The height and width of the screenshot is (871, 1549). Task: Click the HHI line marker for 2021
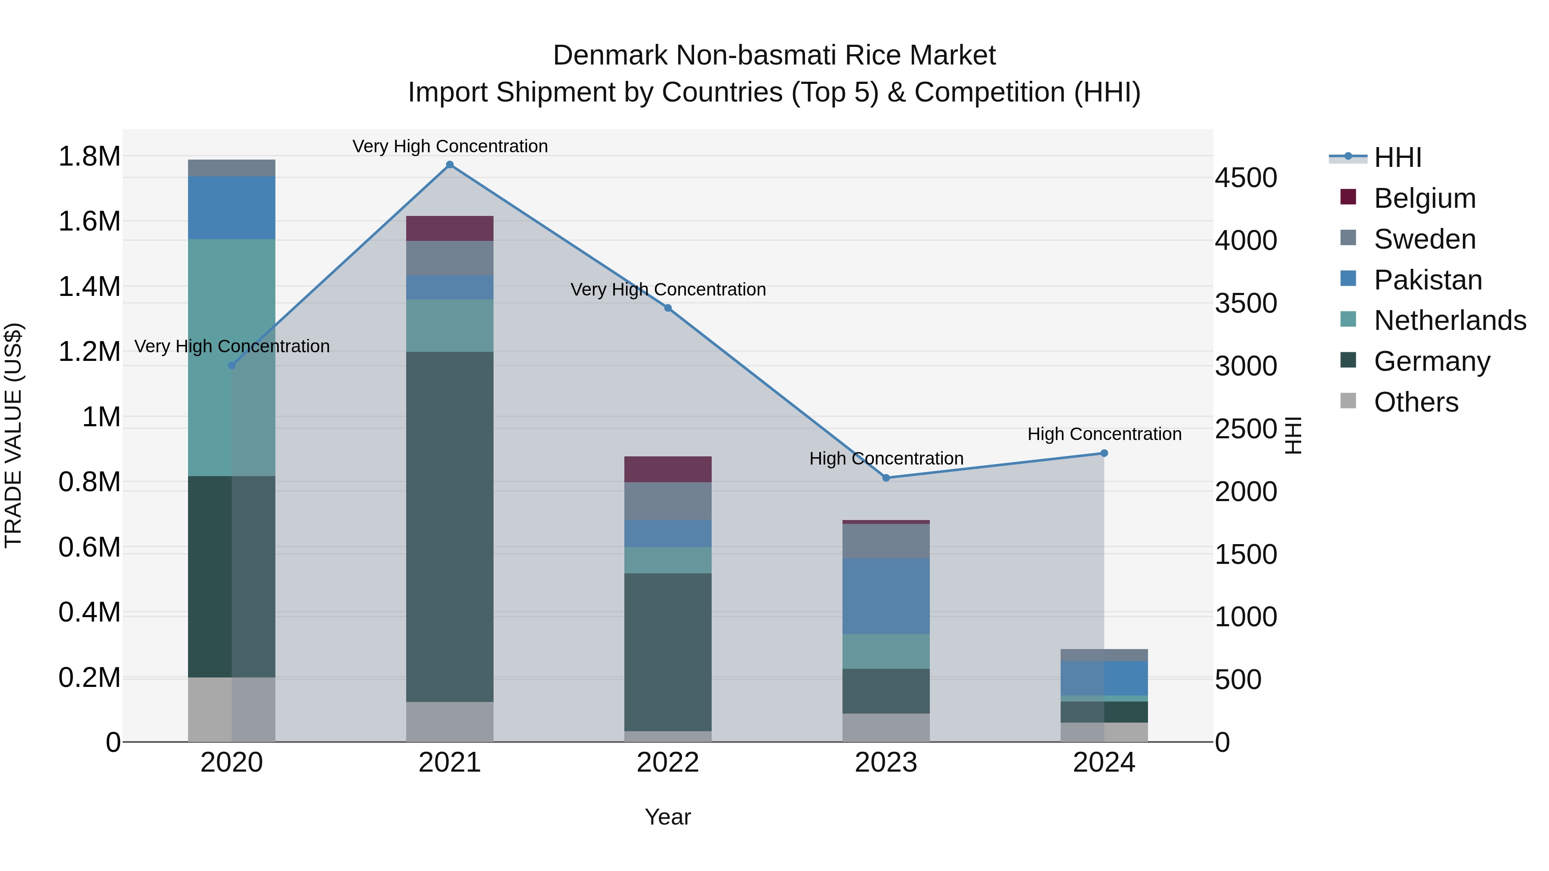point(450,165)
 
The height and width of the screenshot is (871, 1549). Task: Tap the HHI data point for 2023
point(886,478)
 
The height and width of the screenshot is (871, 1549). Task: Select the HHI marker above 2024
point(1104,453)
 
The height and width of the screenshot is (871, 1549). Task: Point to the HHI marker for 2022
point(667,308)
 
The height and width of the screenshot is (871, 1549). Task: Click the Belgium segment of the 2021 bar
point(450,228)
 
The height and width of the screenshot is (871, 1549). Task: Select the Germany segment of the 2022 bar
point(667,652)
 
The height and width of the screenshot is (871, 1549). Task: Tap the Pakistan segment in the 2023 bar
point(886,596)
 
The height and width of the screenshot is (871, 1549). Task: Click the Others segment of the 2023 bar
point(886,727)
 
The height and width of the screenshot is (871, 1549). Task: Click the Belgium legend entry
point(1425,198)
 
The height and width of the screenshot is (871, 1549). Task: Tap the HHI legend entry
point(1398,157)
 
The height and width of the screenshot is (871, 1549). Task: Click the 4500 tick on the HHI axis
point(1246,178)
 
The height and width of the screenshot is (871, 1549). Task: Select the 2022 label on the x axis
point(667,763)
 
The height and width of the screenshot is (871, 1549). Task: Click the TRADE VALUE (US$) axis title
point(13,435)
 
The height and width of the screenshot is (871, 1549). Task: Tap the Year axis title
point(667,817)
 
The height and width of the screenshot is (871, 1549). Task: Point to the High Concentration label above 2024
point(1104,434)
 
